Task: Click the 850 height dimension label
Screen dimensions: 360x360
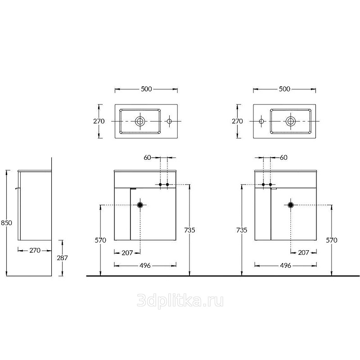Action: pyautogui.click(x=6, y=223)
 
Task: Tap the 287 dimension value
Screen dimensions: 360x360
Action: pyautogui.click(x=63, y=258)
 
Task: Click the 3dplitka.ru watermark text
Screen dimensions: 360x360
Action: pyautogui.click(x=180, y=301)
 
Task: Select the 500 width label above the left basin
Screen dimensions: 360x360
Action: pyautogui.click(x=147, y=89)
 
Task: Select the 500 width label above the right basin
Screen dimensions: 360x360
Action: pyautogui.click(x=285, y=89)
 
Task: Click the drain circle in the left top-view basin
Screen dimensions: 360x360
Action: pyautogui.click(x=140, y=121)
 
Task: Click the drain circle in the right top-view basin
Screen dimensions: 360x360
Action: pyautogui.click(x=291, y=121)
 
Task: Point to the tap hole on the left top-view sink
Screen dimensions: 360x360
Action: pyautogui.click(x=169, y=121)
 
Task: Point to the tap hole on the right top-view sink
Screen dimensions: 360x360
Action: pyautogui.click(x=261, y=121)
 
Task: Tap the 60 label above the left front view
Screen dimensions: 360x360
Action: pyautogui.click(x=148, y=157)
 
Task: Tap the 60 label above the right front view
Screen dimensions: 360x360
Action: pyautogui.click(x=284, y=157)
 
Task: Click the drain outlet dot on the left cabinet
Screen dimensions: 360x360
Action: pyautogui.click(x=140, y=205)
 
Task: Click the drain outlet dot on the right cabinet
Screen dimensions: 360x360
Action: pyautogui.click(x=291, y=205)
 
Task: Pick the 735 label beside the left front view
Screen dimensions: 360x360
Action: pyautogui.click(x=189, y=230)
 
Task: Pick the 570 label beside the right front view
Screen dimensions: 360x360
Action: pyautogui.click(x=332, y=240)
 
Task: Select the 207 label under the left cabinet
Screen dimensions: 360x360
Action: pyautogui.click(x=127, y=253)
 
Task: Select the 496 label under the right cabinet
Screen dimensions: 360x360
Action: pyautogui.click(x=286, y=265)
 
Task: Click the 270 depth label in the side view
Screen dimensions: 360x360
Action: pyautogui.click(x=35, y=251)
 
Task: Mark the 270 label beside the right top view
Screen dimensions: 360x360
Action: pyautogui.click(x=237, y=121)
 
